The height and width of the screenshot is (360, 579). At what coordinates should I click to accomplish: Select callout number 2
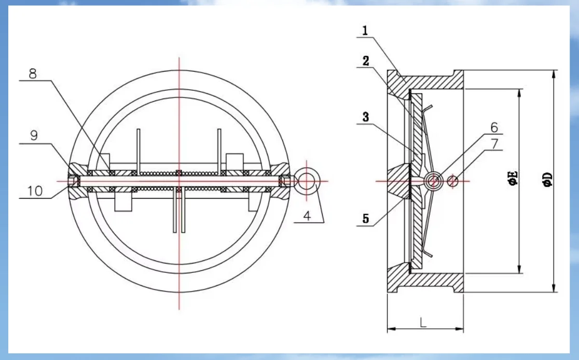(366, 61)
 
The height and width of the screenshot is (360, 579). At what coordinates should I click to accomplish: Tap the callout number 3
(366, 117)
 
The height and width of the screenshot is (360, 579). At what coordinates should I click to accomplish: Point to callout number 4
(308, 215)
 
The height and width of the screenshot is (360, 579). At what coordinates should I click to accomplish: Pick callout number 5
(366, 219)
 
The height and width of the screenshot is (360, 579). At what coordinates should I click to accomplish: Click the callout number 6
(494, 127)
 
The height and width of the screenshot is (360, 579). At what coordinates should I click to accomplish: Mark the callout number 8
(33, 74)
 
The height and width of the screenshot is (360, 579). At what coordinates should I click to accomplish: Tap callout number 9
(33, 136)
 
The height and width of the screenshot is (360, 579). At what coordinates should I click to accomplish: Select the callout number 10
(34, 191)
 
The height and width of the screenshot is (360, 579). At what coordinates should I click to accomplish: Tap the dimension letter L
(423, 322)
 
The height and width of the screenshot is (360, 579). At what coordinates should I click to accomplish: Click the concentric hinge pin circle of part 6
(433, 181)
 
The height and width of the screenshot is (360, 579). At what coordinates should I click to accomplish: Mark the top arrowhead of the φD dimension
(554, 74)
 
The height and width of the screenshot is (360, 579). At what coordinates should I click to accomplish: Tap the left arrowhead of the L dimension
(391, 328)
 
